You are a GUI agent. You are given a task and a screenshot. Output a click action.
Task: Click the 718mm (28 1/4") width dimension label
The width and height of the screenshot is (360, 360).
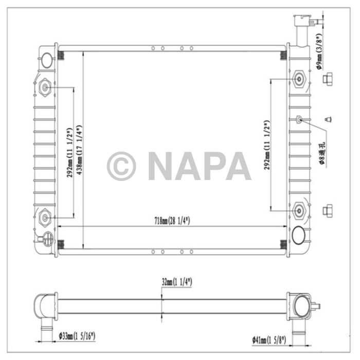point(171,221)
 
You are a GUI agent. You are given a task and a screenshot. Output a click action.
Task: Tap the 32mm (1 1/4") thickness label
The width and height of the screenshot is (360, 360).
point(176,281)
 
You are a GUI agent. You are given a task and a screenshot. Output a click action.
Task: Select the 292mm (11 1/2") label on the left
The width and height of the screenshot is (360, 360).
point(70,152)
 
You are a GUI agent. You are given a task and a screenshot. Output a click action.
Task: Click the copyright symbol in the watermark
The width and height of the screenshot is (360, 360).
point(121,166)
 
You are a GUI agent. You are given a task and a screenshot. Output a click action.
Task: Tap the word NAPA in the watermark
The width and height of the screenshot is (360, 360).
point(199,166)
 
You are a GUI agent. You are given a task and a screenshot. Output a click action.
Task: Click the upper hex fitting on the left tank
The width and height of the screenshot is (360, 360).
point(45,88)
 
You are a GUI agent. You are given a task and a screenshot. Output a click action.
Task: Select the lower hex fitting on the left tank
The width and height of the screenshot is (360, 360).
point(45,217)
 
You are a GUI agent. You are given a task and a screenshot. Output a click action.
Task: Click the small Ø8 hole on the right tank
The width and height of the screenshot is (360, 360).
point(299,120)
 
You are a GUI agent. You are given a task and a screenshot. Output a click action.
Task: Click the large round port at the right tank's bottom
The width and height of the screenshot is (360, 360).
point(298,236)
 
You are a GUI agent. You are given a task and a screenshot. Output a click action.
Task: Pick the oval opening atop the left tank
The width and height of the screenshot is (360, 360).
point(47,60)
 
